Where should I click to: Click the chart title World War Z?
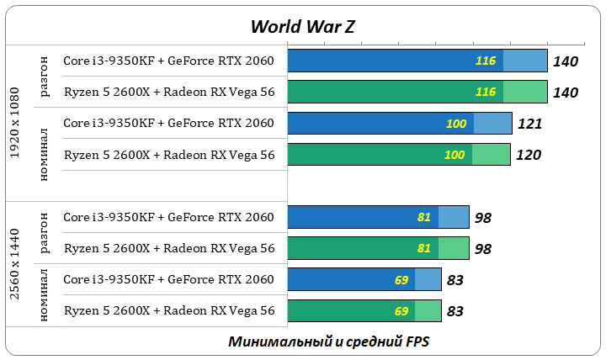coord(302,26)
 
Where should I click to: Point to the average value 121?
coord(529,124)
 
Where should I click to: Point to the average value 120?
coord(529,155)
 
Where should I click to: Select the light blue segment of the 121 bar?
coord(492,124)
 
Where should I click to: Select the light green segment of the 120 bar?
coord(491,155)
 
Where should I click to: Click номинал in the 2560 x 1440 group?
coord(45,295)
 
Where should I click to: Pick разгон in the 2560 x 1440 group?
coord(45,233)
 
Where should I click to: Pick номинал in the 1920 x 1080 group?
coord(45,155)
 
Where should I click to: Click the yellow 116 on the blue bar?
coord(485,61)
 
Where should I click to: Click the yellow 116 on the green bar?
coord(485,92)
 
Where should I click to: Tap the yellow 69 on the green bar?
coord(401,311)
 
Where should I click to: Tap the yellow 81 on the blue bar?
coord(423,217)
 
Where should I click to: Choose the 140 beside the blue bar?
coord(566,61)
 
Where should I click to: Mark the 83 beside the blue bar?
coord(454,280)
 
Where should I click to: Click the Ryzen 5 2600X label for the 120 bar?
coord(168,155)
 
